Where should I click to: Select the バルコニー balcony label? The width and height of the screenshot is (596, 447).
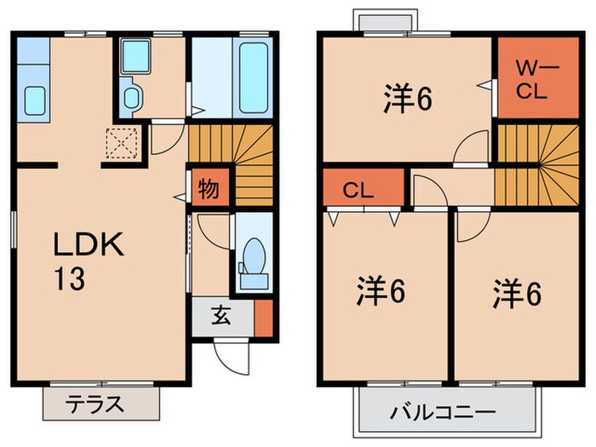443,414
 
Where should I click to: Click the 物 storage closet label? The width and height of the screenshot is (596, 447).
207,187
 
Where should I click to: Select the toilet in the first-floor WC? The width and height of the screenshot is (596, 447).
253,256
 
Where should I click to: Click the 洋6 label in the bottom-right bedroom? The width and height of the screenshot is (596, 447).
517,293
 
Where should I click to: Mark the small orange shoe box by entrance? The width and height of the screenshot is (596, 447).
263,317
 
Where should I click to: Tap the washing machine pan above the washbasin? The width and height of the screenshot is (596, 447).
135,56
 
